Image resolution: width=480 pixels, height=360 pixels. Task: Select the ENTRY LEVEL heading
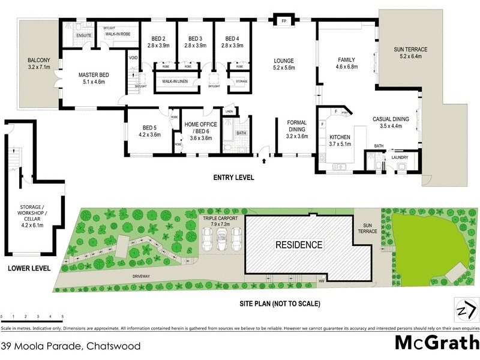pos(234,178)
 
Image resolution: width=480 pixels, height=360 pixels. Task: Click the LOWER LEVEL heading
pos(28,268)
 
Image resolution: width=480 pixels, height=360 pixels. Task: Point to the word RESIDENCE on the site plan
pos(299,245)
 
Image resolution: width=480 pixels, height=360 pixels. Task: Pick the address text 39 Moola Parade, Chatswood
pos(71,346)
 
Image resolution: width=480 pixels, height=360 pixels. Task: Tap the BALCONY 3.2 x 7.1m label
pos(38,64)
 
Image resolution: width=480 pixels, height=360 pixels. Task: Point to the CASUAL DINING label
pos(391,123)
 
